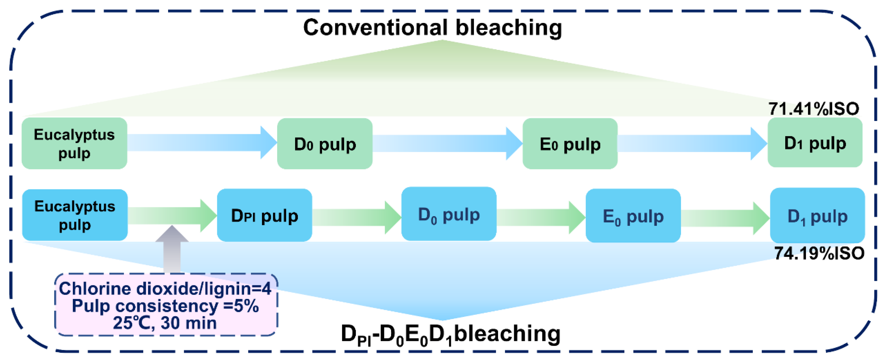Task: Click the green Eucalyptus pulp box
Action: click(74, 143)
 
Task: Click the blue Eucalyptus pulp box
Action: click(75, 215)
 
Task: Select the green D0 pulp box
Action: click(325, 144)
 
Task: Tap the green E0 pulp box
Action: click(570, 144)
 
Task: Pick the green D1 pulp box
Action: click(815, 143)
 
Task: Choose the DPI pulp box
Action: click(265, 215)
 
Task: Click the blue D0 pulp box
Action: click(449, 214)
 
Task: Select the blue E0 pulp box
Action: click(633, 216)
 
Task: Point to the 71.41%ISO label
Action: click(814, 109)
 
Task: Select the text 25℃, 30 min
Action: click(165, 323)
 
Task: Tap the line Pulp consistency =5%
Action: click(165, 306)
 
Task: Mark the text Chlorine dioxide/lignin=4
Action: click(165, 288)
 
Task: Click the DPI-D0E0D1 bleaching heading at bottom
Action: click(450, 334)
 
